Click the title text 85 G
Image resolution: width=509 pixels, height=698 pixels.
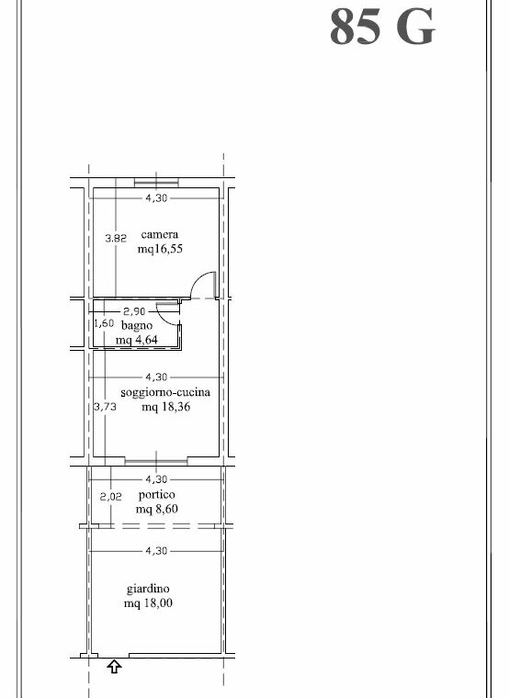point(382,27)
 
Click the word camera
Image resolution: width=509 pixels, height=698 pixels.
point(160,234)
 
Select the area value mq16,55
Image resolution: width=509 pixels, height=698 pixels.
point(160,249)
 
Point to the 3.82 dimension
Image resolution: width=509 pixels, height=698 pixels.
point(116,238)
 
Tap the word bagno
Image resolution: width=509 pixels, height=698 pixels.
point(137,326)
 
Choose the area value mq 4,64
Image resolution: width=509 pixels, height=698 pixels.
point(137,340)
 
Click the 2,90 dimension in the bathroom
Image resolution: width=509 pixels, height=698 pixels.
point(134,311)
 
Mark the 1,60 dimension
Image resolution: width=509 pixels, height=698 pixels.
point(104,323)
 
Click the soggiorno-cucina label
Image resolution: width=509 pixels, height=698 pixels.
point(165,393)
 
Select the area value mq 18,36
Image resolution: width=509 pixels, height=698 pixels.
point(165,407)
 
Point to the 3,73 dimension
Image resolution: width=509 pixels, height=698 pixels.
point(105,407)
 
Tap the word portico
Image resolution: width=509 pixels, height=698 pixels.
point(157,494)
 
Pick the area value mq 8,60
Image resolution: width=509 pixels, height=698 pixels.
point(157,509)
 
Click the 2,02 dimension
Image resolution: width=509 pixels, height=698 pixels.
point(110,496)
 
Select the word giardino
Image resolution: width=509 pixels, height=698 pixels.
point(148,589)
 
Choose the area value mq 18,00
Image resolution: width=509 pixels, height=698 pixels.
point(148,603)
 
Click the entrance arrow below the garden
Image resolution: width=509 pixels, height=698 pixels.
point(115,667)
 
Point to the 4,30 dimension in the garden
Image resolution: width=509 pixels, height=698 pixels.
point(156,551)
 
